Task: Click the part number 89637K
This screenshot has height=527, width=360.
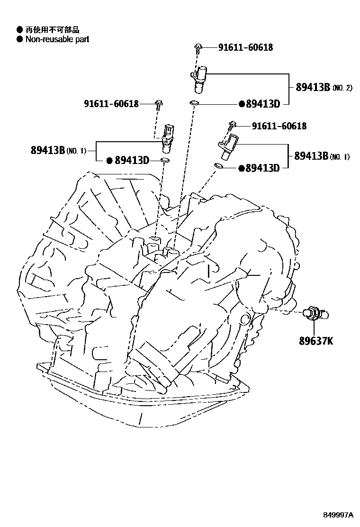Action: [x=315, y=340]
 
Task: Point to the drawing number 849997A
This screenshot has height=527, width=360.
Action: [x=338, y=515]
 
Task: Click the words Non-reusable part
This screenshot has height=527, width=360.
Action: [x=57, y=39]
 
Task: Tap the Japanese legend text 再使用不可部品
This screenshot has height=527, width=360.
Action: [x=52, y=30]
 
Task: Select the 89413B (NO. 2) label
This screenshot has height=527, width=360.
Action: [x=324, y=88]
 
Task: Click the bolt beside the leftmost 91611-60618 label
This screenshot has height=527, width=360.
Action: [x=159, y=104]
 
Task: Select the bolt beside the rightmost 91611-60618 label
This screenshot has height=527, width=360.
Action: [x=231, y=125]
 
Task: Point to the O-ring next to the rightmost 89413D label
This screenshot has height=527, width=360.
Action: [x=219, y=165]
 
